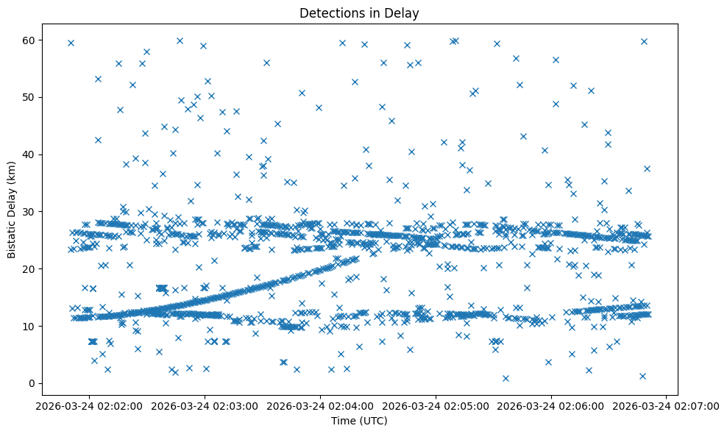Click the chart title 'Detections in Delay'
tap(359, 13)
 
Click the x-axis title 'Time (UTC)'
tap(359, 421)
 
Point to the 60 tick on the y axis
tap(30, 40)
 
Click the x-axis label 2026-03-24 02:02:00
tap(89, 405)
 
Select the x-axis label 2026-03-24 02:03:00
tap(205, 405)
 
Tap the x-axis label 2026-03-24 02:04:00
tap(320, 405)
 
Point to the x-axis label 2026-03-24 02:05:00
tap(436, 405)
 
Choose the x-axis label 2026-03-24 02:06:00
tap(551, 405)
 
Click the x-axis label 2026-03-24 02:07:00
tap(667, 405)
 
